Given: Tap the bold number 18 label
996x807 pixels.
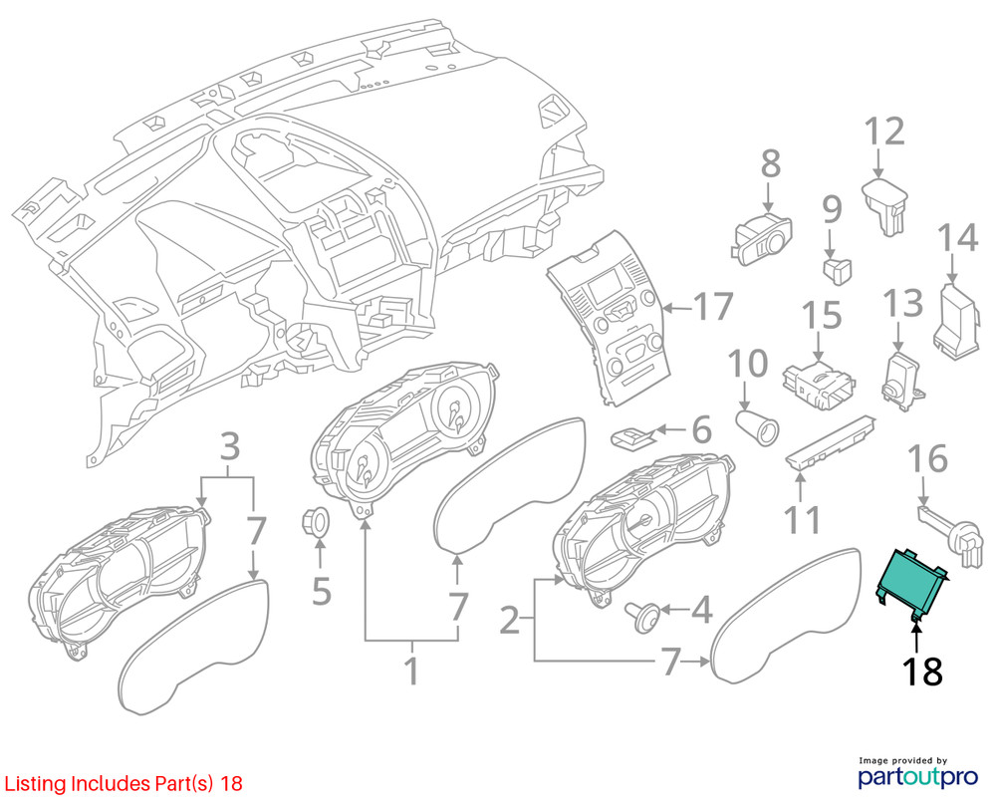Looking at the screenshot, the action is [922, 672].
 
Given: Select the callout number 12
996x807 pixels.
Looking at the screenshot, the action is [884, 132].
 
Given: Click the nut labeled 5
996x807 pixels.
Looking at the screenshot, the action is [315, 522].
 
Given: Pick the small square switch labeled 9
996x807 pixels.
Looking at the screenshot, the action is [838, 271].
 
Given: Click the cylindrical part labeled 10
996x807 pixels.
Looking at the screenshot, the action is [756, 427].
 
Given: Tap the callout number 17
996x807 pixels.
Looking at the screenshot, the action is [714, 307].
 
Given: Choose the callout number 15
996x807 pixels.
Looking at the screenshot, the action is [822, 315].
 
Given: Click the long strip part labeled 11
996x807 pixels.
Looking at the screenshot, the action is [831, 443].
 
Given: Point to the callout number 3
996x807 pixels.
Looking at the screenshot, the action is [230, 446].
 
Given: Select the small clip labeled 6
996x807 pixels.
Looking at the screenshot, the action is [631, 437].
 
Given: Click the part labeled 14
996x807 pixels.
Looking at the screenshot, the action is [960, 323].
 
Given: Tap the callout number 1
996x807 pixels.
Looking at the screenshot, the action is [412, 672].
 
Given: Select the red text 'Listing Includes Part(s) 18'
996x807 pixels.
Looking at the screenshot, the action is [124, 783].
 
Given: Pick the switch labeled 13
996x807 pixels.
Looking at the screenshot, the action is [901, 378].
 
